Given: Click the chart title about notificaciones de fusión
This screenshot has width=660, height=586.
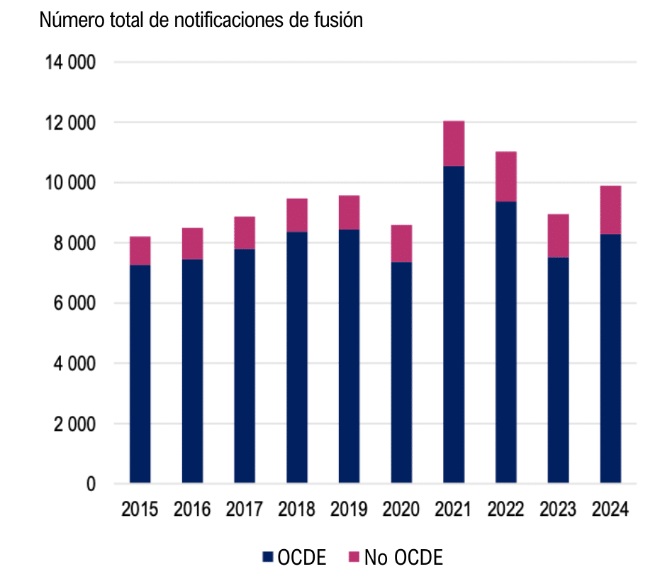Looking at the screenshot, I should tap(201, 20).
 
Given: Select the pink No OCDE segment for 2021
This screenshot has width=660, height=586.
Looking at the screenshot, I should tap(454, 144).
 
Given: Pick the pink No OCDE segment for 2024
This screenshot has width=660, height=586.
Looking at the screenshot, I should tap(610, 210).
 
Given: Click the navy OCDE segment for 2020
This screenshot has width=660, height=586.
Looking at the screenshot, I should tap(401, 372).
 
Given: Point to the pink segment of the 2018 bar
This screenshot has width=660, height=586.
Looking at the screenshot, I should tap(297, 215).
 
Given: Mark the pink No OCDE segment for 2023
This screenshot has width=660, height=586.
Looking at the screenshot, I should tap(558, 236).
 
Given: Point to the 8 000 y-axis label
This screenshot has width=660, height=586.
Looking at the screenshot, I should tap(72, 244).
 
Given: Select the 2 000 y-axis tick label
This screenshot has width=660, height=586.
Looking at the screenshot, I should tap(72, 424).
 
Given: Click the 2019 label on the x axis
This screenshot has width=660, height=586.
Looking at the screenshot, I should tap(349, 509).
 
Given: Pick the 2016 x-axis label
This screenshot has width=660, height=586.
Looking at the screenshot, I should tap(192, 509).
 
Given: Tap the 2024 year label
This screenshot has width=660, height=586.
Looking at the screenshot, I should tap(610, 509).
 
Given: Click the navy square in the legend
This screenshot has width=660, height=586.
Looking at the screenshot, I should tap(267, 558).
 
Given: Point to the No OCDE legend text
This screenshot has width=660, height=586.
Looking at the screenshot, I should tap(403, 558).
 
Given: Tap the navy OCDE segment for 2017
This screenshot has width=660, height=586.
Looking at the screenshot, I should tap(245, 366).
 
